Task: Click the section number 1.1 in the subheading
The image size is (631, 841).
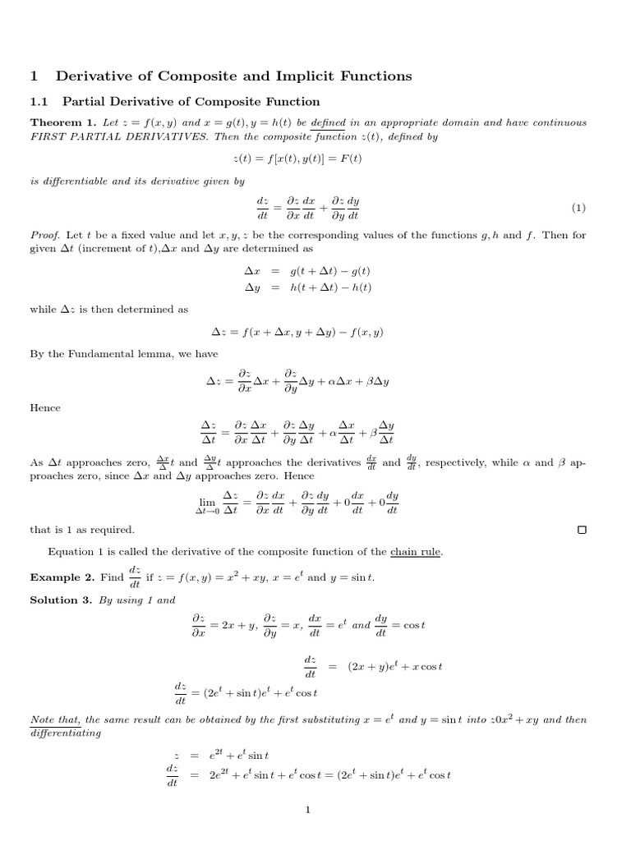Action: [x=39, y=102]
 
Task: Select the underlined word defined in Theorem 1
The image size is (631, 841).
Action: [x=329, y=122]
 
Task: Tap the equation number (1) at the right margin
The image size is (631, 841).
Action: [x=578, y=208]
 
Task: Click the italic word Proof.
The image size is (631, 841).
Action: [x=44, y=235]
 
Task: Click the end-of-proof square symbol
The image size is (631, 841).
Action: [x=582, y=530]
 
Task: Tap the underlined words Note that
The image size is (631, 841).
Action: [x=55, y=719]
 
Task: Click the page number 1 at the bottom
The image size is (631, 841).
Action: [x=307, y=811]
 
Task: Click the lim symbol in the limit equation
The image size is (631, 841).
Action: [x=206, y=501]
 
